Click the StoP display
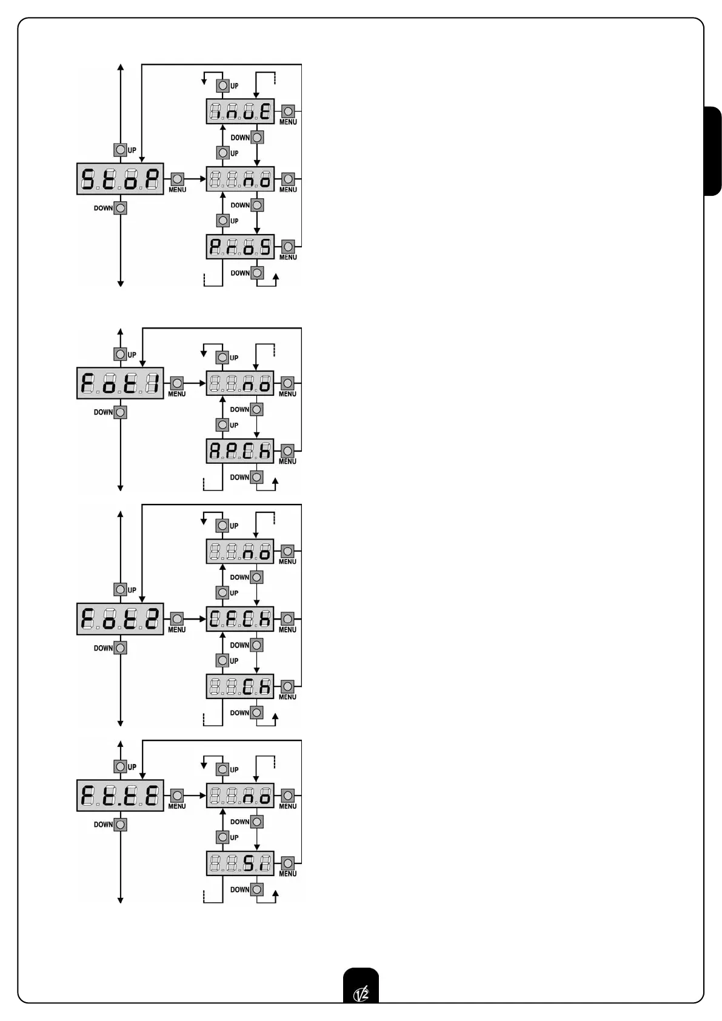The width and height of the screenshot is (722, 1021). (x=120, y=179)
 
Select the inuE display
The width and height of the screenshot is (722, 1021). (x=240, y=112)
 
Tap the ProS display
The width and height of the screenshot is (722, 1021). (x=240, y=247)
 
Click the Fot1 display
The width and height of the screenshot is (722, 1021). (x=120, y=383)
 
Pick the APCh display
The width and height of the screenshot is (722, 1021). (x=240, y=451)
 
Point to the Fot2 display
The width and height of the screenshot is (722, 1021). (x=120, y=619)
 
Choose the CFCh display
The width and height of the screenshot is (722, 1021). (x=240, y=619)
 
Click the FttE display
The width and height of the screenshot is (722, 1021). (x=120, y=795)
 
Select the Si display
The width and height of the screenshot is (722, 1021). (x=240, y=863)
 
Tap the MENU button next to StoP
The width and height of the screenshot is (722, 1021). (x=177, y=179)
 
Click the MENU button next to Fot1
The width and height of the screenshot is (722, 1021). (x=177, y=383)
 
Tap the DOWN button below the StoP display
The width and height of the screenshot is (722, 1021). (x=121, y=209)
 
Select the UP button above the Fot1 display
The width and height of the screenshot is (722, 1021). (x=121, y=354)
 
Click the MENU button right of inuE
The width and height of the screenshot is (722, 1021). (x=288, y=112)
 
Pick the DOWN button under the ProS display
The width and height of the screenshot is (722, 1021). (x=257, y=273)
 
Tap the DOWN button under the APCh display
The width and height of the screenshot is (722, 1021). (x=257, y=477)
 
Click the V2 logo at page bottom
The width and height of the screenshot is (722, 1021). (x=361, y=993)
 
